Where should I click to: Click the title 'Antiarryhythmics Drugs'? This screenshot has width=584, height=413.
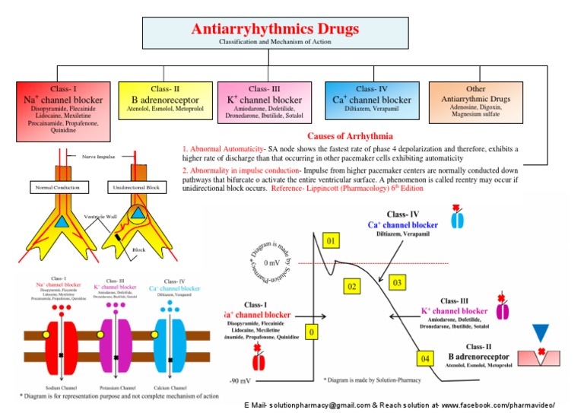[x=275, y=30]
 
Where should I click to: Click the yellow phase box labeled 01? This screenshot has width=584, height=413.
[x=330, y=242]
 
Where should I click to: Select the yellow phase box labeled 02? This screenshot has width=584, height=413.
[x=351, y=287]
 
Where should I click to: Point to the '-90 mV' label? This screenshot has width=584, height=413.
[x=242, y=381]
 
